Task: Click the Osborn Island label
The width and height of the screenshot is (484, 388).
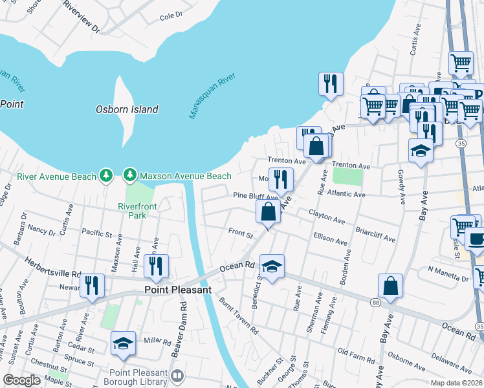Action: (x=127, y=109)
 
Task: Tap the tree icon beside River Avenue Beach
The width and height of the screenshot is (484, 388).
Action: (x=106, y=176)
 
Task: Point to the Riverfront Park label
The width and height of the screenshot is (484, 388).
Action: (x=132, y=211)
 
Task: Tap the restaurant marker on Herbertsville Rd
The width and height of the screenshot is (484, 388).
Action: (x=93, y=284)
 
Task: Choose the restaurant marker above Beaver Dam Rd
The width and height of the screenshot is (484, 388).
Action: (x=156, y=264)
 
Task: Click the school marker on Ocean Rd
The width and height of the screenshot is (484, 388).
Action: (x=272, y=266)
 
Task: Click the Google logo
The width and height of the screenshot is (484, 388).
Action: (x=21, y=380)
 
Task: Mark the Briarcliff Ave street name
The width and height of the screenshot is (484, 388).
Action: (x=375, y=234)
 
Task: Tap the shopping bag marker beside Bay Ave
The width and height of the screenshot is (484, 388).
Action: (x=391, y=285)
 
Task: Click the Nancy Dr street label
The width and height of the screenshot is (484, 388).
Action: (x=42, y=230)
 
